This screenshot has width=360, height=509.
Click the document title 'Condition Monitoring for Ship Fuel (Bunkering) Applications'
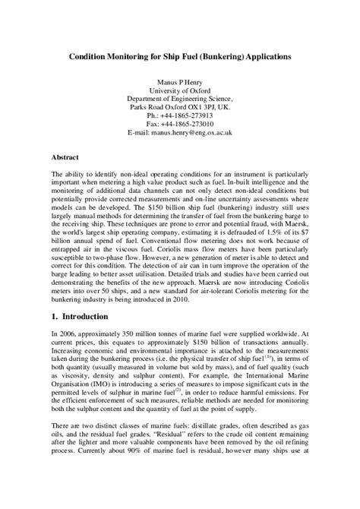click(x=180, y=57)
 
